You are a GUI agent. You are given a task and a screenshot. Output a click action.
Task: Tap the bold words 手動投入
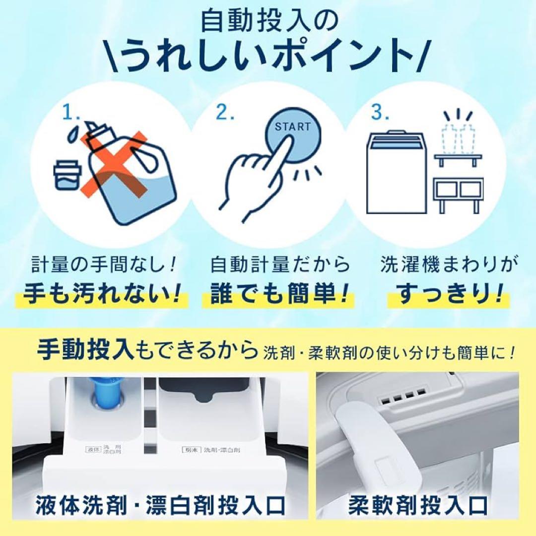coord(84,351)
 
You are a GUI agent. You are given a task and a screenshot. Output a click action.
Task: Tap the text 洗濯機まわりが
coord(446,265)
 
